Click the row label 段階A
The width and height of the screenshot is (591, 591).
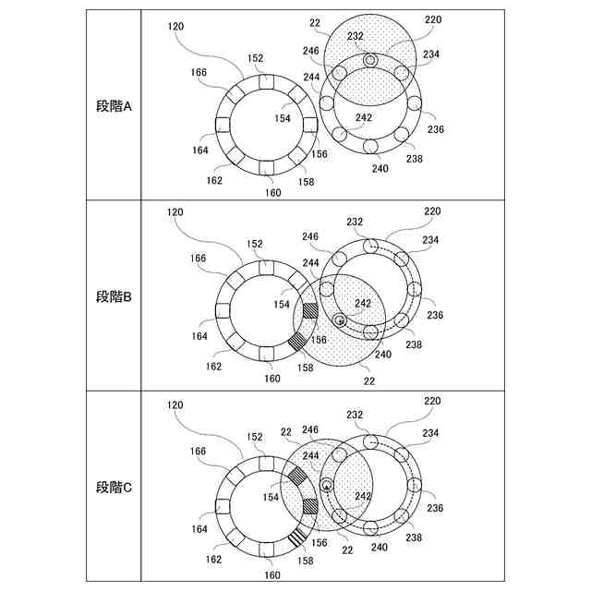pyautogui.click(x=114, y=106)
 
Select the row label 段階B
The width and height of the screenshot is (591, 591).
pyautogui.click(x=114, y=297)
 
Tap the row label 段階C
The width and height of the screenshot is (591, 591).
pyautogui.click(x=114, y=488)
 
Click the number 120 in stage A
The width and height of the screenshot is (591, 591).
pyautogui.click(x=175, y=27)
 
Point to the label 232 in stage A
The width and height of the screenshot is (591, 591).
pyautogui.click(x=355, y=36)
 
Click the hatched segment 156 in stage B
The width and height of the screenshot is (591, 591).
pyautogui.click(x=311, y=310)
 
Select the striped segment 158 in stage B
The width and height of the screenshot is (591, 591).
pyautogui.click(x=297, y=342)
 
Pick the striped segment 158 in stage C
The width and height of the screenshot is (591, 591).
pyautogui.click(x=297, y=537)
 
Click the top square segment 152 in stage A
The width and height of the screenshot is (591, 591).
pyautogui.click(x=266, y=82)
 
